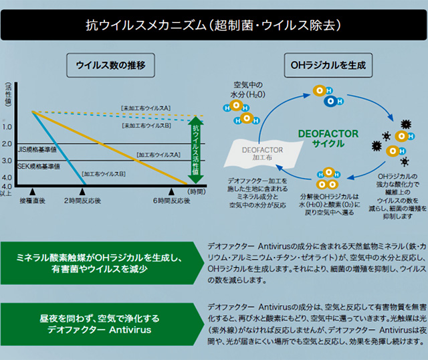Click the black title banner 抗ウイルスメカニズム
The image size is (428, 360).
(x=214, y=25)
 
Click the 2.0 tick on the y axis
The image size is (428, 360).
(x=7, y=144)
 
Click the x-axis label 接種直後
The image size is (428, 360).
(x=32, y=201)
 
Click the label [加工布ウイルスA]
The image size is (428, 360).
(x=158, y=155)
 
